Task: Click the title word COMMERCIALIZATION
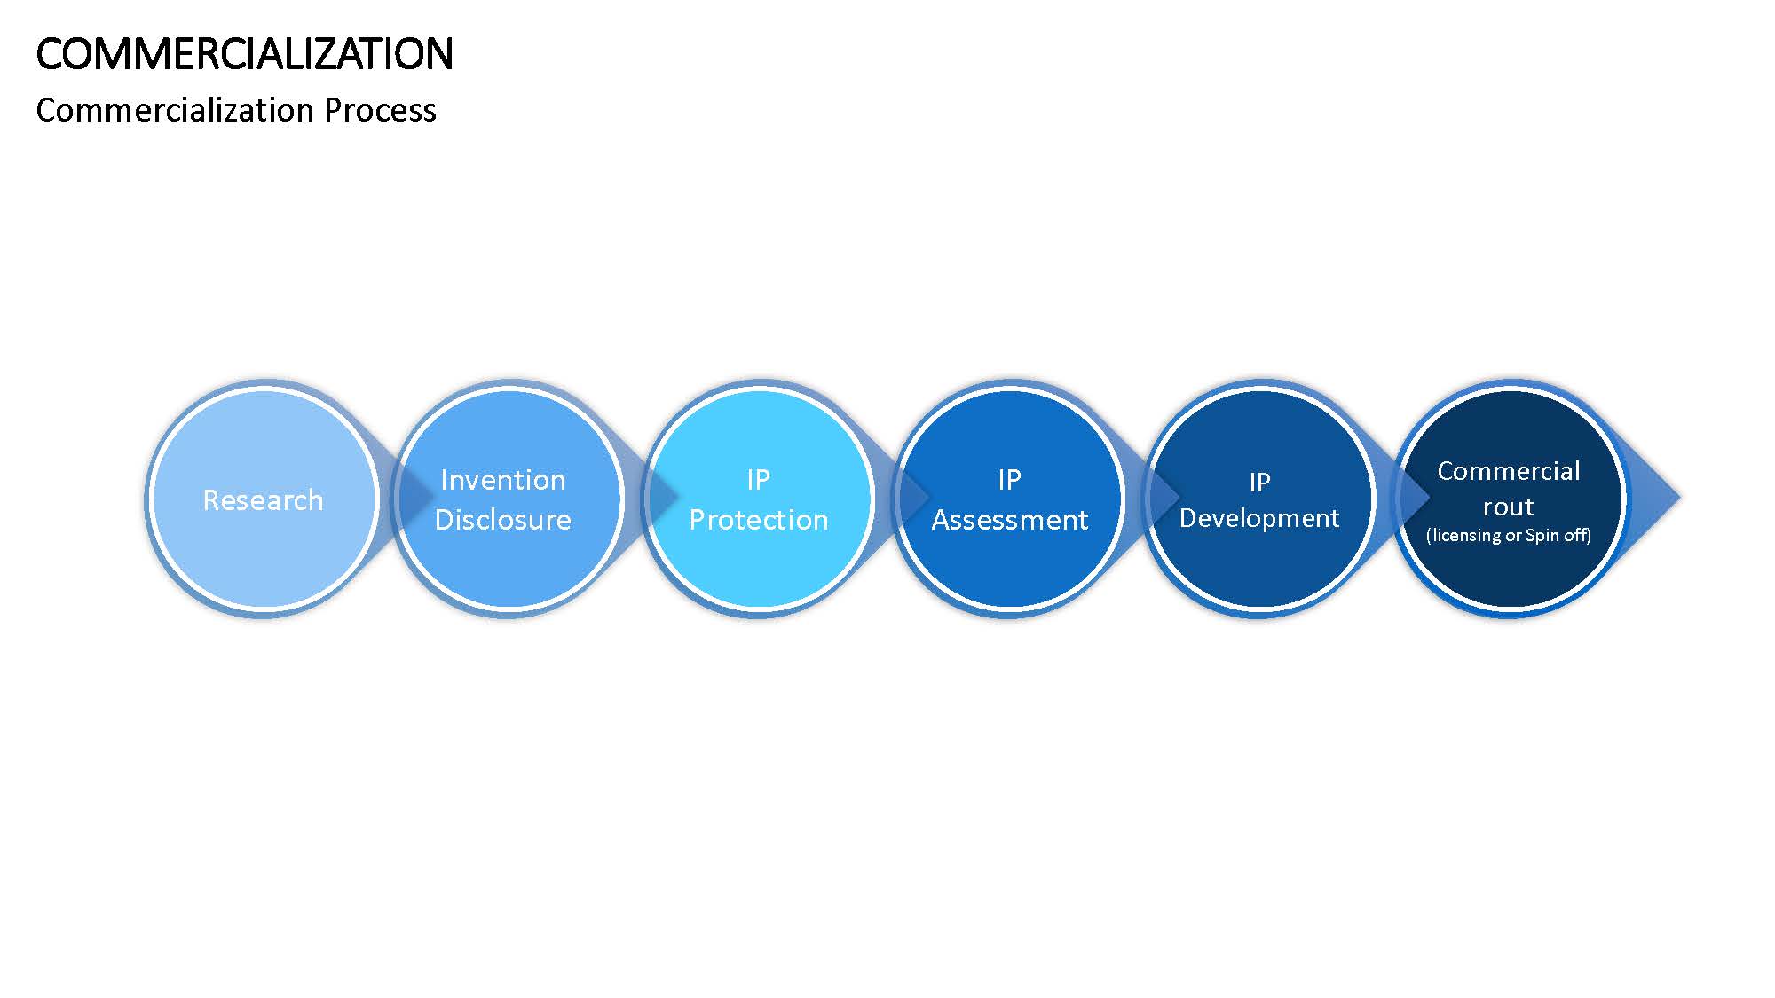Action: (244, 54)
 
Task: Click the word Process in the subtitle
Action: (380, 110)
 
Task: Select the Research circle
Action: (264, 499)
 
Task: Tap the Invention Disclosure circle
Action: (508, 499)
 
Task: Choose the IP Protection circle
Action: (759, 499)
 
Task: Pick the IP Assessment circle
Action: (1009, 499)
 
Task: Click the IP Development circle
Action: (1259, 499)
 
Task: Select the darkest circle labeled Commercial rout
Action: (1510, 499)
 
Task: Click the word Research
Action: (263, 500)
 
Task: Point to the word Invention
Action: (503, 480)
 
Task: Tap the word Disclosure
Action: (503, 520)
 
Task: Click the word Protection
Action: (759, 520)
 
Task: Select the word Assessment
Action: (1010, 520)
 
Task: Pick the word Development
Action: (1259, 518)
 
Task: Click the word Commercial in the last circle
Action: (1509, 471)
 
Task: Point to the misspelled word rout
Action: (1509, 507)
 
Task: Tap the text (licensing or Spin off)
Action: (1509, 535)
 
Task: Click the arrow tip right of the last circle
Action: (1679, 498)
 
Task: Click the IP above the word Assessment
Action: (1010, 480)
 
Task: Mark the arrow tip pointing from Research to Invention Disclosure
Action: (433, 498)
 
